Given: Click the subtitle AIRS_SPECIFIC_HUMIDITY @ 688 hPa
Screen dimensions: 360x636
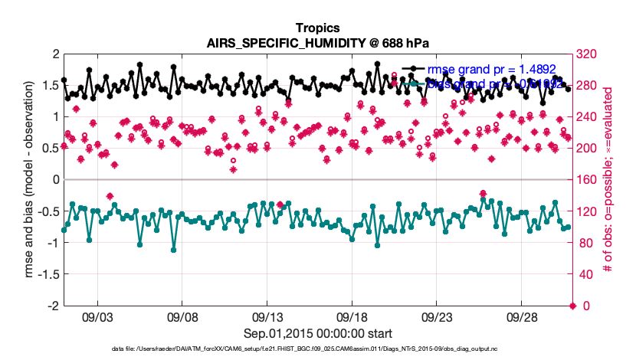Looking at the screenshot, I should pyautogui.click(x=318, y=43).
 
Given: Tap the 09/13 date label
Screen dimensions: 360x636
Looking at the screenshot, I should pyautogui.click(x=269, y=316).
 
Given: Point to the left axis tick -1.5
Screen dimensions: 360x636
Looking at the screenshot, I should pyautogui.click(x=49, y=274).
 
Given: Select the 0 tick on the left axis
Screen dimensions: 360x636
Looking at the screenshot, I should pyautogui.click(x=56, y=180).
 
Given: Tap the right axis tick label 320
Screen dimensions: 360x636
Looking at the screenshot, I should pyautogui.click(x=589, y=54).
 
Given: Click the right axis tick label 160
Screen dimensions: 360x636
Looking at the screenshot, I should pyautogui.click(x=589, y=180).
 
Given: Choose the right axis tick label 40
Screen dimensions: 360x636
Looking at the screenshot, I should pyautogui.click(x=586, y=274).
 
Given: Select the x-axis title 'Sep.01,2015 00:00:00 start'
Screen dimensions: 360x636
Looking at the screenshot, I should pyautogui.click(x=318, y=334).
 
